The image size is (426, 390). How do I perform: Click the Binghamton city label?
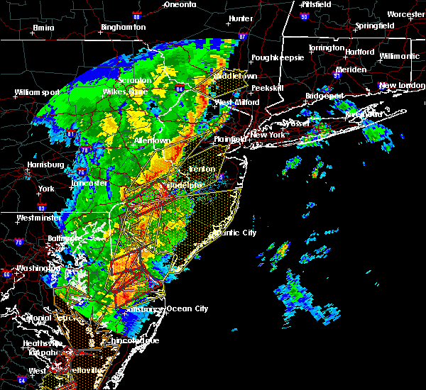pyautogui.click(x=123, y=27)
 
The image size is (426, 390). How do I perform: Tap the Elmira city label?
pyautogui.click(x=43, y=29)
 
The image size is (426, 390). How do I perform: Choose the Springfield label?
pyautogui.click(x=375, y=26)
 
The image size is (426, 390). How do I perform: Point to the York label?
pyautogui.click(x=46, y=189)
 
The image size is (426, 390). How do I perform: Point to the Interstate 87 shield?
pyautogui.click(x=243, y=36)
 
